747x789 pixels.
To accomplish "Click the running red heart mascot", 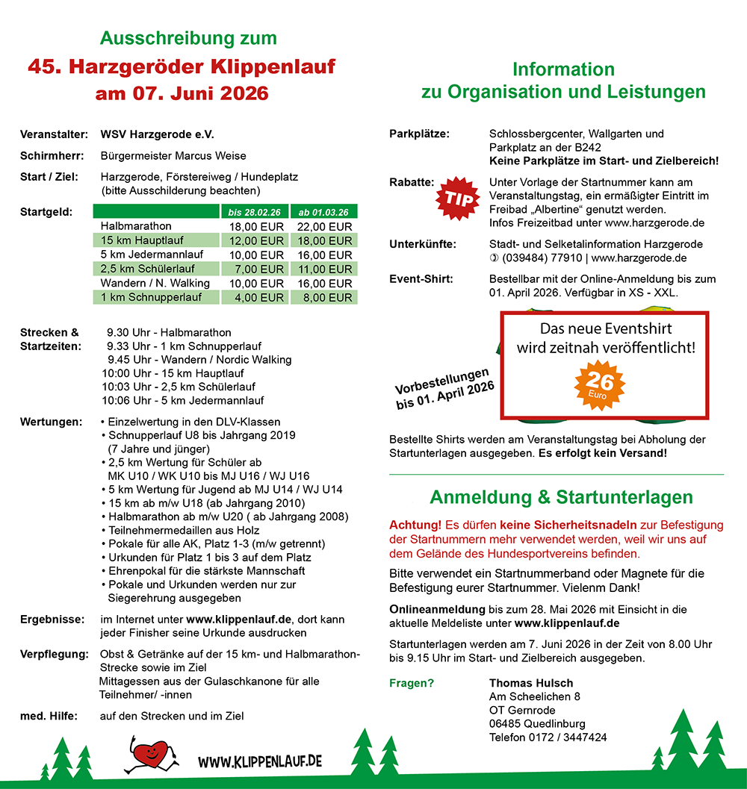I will pyautogui.click(x=152, y=755).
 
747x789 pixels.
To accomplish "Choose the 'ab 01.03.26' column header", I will pyautogui.click(x=323, y=212).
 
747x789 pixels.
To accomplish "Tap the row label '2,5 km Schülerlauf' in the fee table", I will pyautogui.click(x=147, y=269).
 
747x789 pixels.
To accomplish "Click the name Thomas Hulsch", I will pyautogui.click(x=531, y=683).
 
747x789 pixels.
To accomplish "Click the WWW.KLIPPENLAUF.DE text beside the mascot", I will pyautogui.click(x=260, y=761).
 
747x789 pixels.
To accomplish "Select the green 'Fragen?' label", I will pyautogui.click(x=412, y=683).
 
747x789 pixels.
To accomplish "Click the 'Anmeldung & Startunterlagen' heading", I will pyautogui.click(x=561, y=497).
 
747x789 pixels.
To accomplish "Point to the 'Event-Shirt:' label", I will pyautogui.click(x=421, y=279).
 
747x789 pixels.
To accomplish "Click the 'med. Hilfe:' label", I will pyautogui.click(x=49, y=716).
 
